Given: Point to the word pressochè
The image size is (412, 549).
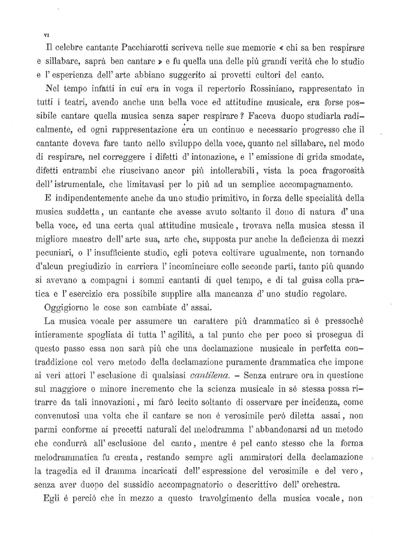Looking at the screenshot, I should coord(344,321).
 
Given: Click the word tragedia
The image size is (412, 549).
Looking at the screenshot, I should coord(62,471).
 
